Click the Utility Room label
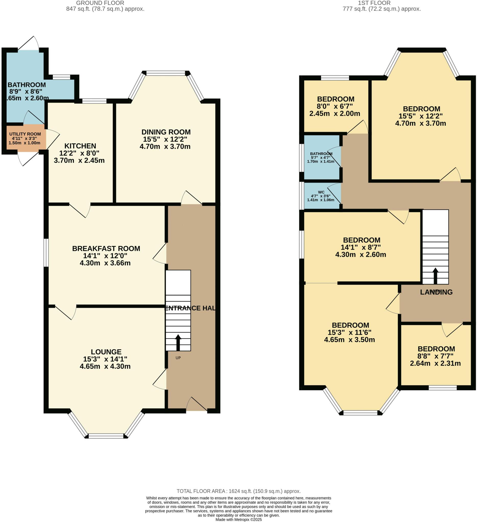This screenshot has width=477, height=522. pos(25,134)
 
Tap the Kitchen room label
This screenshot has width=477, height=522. pos(80,146)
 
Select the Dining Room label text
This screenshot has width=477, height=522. pos(166,132)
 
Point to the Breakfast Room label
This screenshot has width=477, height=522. pos(106,248)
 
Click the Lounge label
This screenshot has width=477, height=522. pos(106,352)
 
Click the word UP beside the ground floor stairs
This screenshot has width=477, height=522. pos(178,358)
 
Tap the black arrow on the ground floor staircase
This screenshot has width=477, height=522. pos(178,342)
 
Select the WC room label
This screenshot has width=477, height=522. pos(321,192)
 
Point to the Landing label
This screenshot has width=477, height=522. pos(436,292)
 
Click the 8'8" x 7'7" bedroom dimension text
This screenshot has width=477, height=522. pos(435,356)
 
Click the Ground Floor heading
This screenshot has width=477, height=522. pos(100,3)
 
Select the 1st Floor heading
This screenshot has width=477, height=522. pos(374,3)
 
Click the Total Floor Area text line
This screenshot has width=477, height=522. pos(238,491)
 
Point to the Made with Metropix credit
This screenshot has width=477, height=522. pos(238,519)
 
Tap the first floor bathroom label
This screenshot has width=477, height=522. pos(321,153)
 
